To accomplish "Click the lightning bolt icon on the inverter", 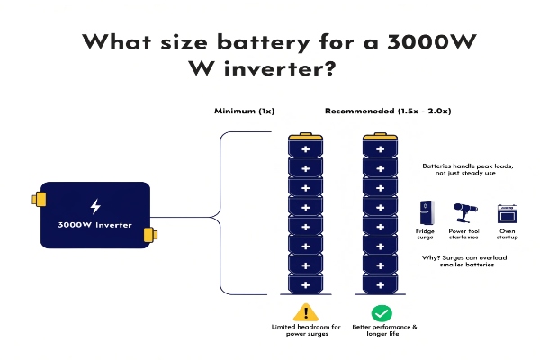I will (94, 206).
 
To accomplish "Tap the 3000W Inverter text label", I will (94, 225).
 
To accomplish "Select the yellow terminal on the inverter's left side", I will (37, 198).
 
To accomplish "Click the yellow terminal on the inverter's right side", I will (151, 235).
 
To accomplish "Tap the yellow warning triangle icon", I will (305, 312).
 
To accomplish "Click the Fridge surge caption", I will (426, 236).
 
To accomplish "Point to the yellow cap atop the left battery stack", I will (305, 136).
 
